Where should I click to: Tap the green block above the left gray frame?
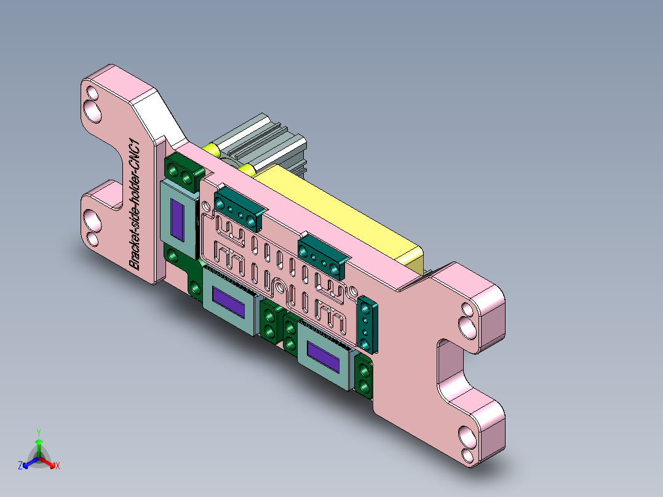click(x=183, y=170)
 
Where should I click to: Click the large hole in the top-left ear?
click(x=93, y=110)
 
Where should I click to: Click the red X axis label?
click(x=57, y=466)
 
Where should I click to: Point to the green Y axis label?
click(x=38, y=432)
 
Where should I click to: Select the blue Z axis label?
click(x=20, y=466)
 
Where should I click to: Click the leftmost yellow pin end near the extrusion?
click(x=211, y=149)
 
